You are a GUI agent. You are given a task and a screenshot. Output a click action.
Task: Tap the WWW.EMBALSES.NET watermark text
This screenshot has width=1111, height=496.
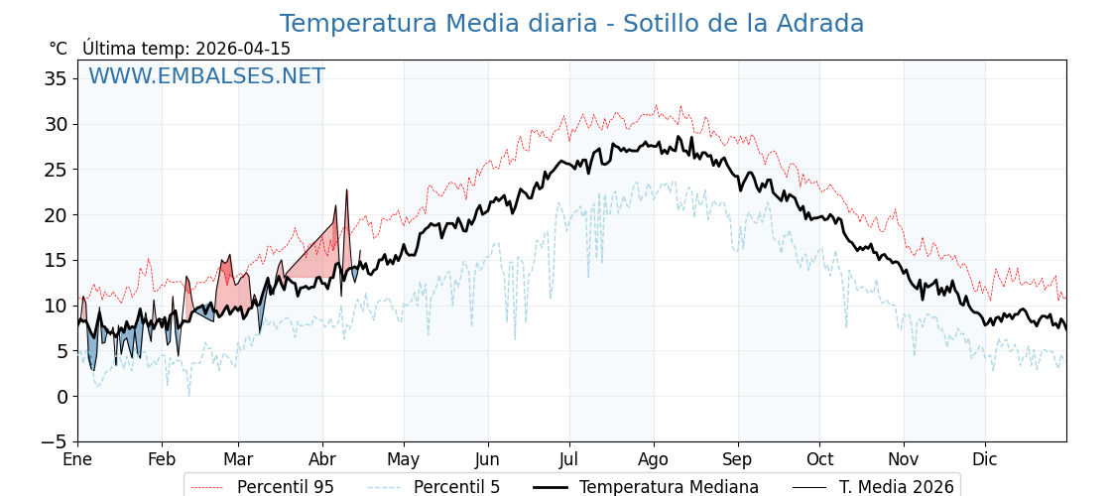pos(206,76)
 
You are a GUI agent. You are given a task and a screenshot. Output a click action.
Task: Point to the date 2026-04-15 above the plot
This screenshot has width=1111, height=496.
pos(243,49)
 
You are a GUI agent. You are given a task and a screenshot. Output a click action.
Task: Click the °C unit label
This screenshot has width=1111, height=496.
pos(58,49)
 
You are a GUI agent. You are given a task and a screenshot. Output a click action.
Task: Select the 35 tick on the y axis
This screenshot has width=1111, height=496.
pos(56,78)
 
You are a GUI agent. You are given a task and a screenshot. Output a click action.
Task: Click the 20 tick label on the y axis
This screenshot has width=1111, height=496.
pos(56,214)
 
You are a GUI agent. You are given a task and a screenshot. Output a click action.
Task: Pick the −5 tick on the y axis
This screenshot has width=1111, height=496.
pos(56,441)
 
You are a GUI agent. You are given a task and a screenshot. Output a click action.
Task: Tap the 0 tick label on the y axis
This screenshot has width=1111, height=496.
pos(62,397)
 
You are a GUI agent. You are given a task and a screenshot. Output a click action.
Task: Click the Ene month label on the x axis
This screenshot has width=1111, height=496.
pos(77,459)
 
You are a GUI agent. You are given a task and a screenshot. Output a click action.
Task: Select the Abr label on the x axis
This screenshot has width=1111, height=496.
pos(322,459)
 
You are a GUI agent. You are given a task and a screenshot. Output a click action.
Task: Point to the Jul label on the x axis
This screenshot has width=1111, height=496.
pos(569,459)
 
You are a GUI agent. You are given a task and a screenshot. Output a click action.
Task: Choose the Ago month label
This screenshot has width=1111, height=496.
pos(654,459)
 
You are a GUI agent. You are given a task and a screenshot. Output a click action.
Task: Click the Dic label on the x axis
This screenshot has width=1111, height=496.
pos(985,459)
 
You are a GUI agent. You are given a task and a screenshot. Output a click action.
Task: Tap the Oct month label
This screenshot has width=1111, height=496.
pos(819,459)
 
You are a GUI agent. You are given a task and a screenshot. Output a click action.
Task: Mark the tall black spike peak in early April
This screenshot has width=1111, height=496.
pos(347,189)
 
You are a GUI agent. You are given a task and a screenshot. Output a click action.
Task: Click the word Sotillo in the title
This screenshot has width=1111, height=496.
pos(662,24)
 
